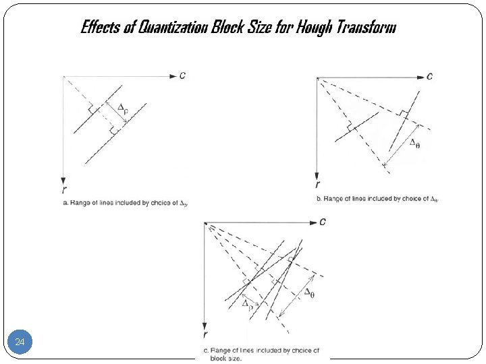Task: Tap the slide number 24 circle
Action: point(20,342)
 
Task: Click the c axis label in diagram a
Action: point(182,75)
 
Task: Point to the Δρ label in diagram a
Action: point(122,108)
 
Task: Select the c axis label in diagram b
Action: point(431,75)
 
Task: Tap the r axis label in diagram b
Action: point(317,183)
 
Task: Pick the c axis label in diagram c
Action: point(323,221)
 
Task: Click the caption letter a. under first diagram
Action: point(65,202)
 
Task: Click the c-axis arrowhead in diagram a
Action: point(171,76)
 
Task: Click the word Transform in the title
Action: point(371,28)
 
